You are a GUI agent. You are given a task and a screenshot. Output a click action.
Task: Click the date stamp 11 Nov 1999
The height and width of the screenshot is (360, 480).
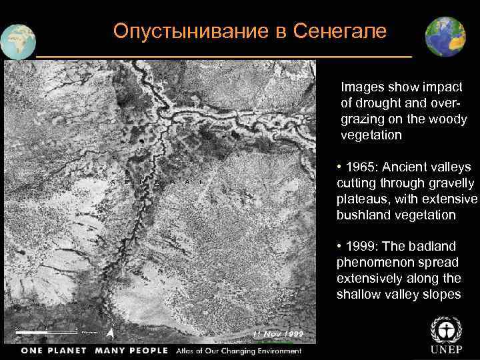tap(278, 333)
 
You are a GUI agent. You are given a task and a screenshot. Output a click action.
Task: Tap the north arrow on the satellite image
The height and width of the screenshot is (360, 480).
tap(111, 332)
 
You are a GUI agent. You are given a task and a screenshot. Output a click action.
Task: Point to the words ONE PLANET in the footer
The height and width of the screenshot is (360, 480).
tap(53, 351)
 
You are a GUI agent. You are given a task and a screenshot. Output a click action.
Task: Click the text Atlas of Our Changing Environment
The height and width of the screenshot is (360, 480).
tap(239, 351)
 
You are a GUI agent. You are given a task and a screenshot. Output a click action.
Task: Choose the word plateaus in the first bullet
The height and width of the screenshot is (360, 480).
tap(362, 199)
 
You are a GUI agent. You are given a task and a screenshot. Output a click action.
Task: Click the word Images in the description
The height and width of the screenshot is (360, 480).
tap(359, 87)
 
